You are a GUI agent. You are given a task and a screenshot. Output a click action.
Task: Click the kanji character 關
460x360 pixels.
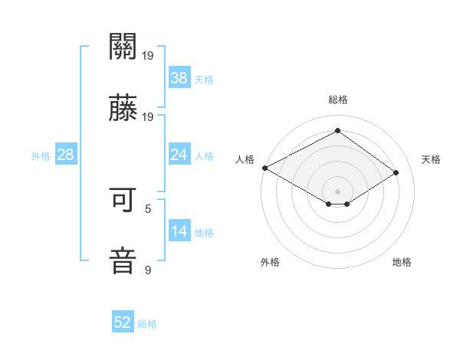pos(123,47)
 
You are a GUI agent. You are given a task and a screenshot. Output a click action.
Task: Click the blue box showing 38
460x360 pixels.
pos(179,77)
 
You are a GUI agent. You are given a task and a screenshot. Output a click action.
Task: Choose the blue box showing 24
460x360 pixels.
pos(179,155)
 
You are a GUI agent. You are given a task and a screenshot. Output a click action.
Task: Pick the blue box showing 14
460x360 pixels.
pos(179,231)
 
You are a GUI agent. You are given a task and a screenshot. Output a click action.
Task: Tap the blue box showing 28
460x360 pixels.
pos(66,155)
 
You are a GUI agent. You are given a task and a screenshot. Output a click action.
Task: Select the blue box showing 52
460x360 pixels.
pos(123,322)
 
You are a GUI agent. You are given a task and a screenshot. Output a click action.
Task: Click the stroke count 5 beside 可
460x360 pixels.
pos(148,208)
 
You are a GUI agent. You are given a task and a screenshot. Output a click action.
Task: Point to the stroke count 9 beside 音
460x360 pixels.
pos(148,270)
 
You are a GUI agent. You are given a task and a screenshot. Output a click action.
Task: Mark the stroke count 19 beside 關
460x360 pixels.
pos(148,56)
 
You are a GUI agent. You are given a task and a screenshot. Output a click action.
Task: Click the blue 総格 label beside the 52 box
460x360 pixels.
pos(147,324)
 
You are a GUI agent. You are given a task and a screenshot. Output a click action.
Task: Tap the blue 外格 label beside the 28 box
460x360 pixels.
pos(41,156)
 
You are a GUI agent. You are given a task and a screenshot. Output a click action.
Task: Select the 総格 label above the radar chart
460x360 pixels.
pos(337,100)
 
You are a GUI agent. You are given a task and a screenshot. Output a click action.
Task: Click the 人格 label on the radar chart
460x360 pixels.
pos(245,159)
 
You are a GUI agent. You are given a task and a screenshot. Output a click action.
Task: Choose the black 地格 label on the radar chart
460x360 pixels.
pos(402,262)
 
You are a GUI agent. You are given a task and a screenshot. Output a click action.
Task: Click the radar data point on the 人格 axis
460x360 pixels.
pos(264,168)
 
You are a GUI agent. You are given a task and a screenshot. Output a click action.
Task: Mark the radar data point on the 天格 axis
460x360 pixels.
pos(396,173)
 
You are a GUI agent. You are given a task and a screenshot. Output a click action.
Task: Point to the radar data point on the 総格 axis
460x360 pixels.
pos(337,130)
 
